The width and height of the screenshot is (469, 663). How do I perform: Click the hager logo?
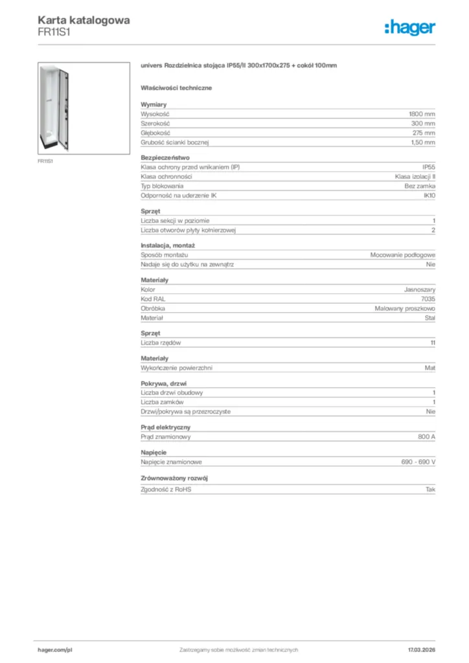410,27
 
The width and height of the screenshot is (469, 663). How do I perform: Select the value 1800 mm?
422,113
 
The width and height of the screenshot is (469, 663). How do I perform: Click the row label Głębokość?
155,133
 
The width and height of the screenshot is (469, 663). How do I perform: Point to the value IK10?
429,196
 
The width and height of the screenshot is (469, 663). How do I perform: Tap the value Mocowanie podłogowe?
402,255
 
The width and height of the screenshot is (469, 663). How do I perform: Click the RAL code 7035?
428,299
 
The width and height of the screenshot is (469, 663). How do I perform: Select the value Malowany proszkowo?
405,309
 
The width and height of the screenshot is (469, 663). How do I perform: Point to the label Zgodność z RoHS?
166,489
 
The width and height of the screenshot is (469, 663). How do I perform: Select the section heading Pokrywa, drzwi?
163,383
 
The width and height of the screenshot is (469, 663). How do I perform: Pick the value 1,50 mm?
423,142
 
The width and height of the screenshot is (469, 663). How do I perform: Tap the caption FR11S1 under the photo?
45,161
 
